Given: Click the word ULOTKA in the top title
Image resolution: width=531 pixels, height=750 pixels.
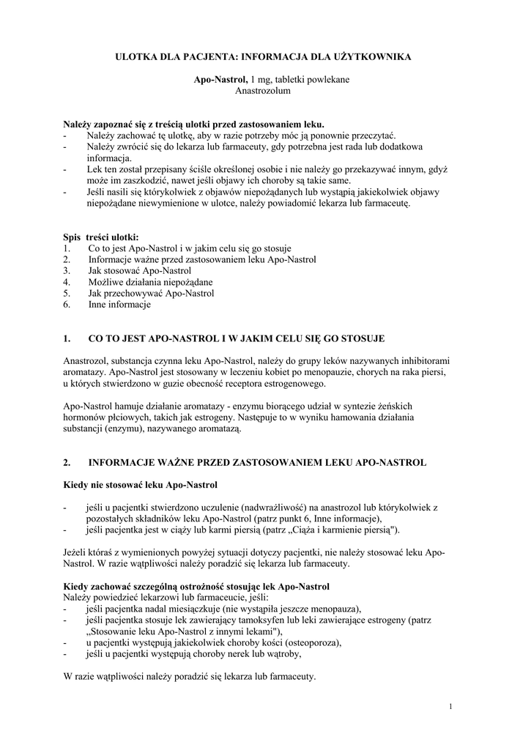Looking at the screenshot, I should tap(138, 56).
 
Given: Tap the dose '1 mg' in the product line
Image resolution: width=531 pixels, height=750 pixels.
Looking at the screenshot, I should tap(262, 79).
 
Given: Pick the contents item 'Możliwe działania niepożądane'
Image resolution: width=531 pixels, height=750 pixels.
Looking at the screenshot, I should tap(150, 281).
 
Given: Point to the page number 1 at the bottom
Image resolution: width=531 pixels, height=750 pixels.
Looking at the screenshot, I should tap(450, 706).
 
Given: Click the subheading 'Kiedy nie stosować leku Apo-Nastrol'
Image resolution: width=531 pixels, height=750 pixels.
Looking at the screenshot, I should tap(141, 485).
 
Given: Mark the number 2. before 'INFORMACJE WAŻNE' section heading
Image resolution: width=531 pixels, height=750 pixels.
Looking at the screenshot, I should tap(67, 463).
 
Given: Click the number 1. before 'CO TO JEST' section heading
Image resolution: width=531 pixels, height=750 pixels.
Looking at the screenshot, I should tap(67, 338).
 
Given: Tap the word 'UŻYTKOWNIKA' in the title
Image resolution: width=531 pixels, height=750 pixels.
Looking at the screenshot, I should tap(378, 56).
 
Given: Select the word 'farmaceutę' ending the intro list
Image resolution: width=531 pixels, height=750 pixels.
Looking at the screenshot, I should tap(387, 204).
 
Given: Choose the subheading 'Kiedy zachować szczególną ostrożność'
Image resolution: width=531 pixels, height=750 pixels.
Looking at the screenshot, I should tap(197, 586).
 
